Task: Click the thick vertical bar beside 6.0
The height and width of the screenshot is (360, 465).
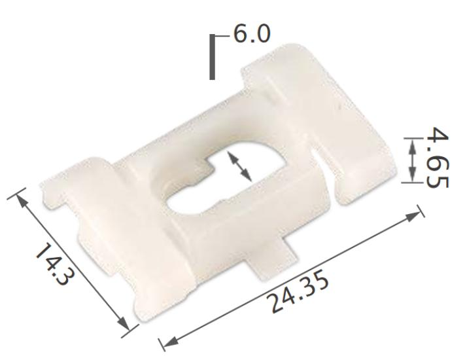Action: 212,57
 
